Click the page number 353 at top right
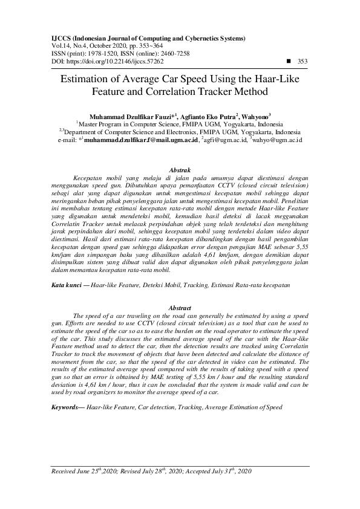click(x=303, y=61)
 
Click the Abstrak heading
click(x=179, y=171)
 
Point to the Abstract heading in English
click(x=179, y=308)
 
